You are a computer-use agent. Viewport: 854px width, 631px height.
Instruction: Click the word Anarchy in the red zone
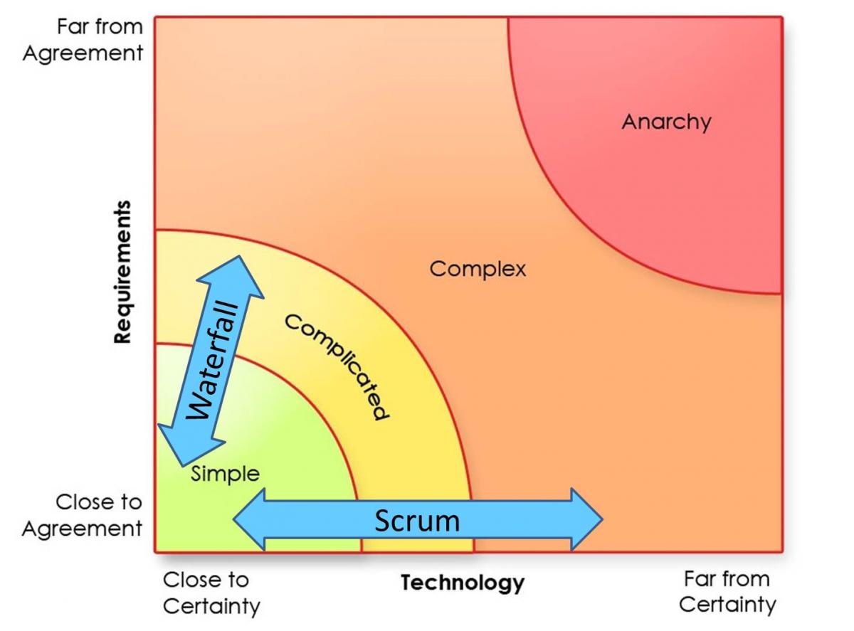666,122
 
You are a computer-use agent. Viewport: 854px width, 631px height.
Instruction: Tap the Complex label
478,269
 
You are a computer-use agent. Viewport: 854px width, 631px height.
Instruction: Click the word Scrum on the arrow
417,521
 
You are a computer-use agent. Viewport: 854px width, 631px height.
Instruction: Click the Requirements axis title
123,272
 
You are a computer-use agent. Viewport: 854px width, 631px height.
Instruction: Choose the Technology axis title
463,583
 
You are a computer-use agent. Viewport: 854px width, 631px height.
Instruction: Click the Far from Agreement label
83,40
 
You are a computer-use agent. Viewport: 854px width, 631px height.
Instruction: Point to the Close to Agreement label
83,515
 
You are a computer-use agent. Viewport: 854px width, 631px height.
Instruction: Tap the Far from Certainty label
727,591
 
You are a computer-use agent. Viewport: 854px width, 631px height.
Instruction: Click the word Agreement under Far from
83,53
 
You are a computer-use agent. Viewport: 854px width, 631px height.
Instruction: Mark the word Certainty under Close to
212,606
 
